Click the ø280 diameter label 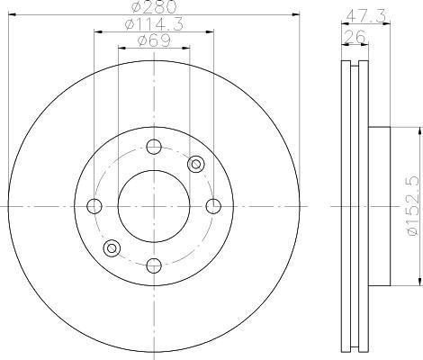tap(154, 6)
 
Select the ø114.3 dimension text tap(154, 24)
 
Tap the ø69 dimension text tap(154, 40)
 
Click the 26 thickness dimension tap(355, 37)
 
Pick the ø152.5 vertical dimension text tap(412, 206)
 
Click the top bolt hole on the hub tap(154, 147)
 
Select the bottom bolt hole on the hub tap(154, 265)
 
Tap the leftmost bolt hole tap(94, 206)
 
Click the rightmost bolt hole tap(213, 206)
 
